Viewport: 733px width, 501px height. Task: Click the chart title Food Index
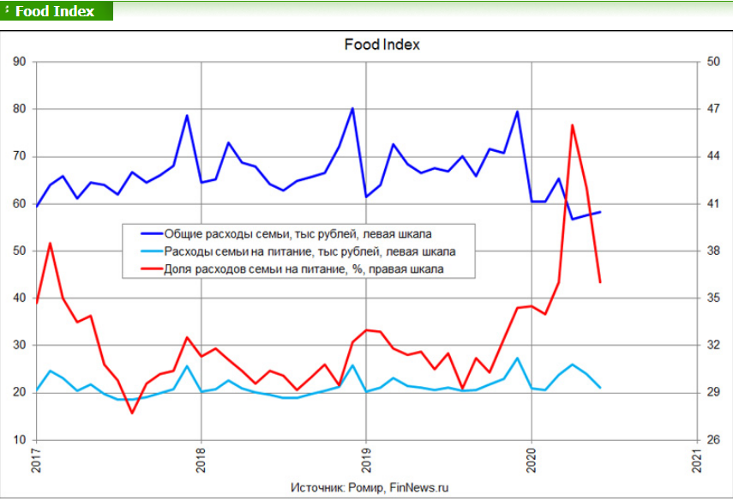pos(382,45)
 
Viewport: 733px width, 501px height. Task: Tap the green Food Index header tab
pos(57,11)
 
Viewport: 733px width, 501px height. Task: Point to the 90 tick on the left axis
pos(19,62)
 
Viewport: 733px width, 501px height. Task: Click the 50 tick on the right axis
pos(713,62)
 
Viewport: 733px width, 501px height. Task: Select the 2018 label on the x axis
pos(201,461)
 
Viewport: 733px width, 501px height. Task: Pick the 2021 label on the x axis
pos(697,461)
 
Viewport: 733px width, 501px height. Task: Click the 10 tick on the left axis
pos(19,440)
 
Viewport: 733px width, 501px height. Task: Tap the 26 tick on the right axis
pos(713,440)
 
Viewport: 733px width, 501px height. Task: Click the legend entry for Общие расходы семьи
pos(286,234)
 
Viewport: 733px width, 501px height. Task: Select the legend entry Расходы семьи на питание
pos(297,251)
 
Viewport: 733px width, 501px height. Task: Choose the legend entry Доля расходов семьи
pos(292,269)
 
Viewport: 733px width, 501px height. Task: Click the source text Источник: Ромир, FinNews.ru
pos(370,487)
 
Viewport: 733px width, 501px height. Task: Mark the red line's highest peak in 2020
pos(572,125)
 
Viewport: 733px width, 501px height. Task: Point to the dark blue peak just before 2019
pos(352,109)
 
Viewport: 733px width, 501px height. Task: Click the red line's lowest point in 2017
pos(132,413)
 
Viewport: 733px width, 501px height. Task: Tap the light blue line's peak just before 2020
pos(517,359)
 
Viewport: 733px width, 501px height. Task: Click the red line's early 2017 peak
pos(50,244)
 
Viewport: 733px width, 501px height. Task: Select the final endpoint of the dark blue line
pos(600,212)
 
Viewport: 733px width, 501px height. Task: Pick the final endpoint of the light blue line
pos(600,388)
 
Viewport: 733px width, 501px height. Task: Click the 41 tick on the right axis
pos(713,204)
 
